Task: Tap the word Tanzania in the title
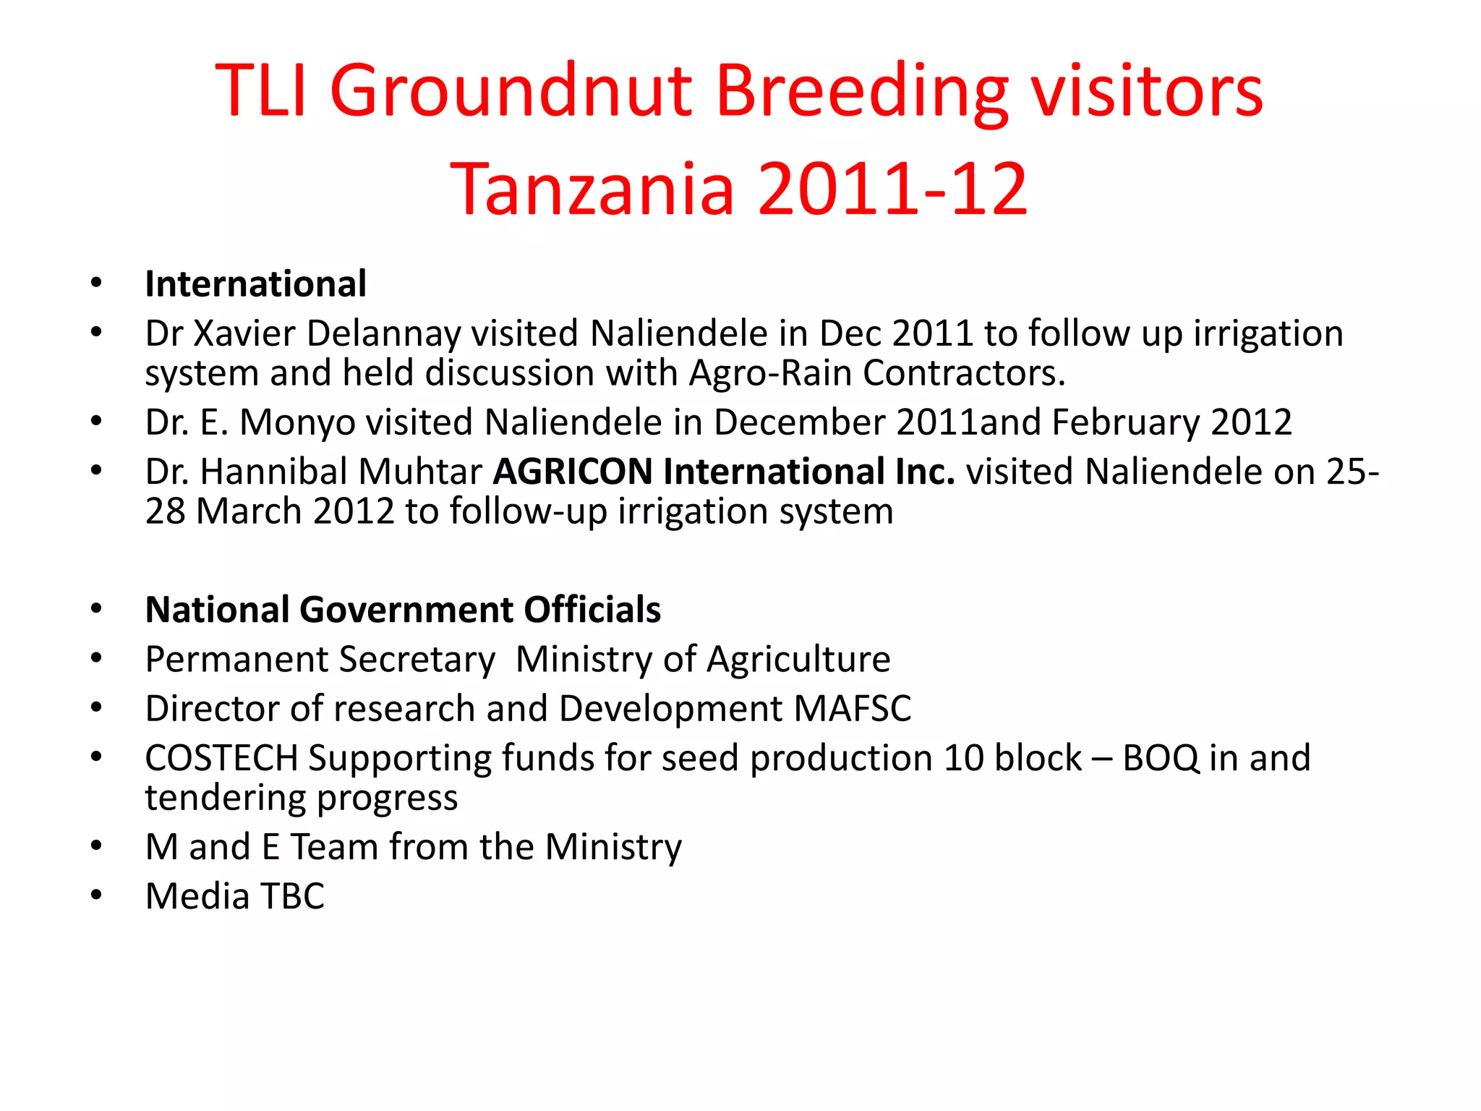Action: [x=592, y=189]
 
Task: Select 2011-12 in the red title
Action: [x=892, y=189]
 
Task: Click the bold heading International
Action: [x=255, y=284]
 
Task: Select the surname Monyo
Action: [x=297, y=422]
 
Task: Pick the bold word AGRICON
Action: [x=573, y=472]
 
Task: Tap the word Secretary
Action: [x=417, y=660]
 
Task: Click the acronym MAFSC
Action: [x=853, y=709]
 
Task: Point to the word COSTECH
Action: [x=221, y=758]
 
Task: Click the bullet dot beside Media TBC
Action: [x=96, y=895]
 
